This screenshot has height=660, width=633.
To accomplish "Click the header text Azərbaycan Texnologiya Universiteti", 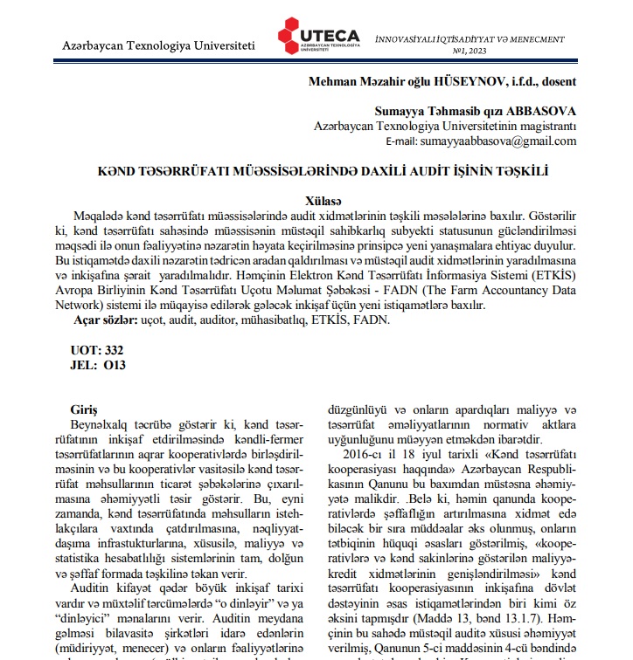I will tap(159, 45).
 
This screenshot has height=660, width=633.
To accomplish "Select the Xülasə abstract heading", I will tap(324, 199).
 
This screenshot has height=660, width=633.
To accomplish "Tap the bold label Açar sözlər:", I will tap(106, 320).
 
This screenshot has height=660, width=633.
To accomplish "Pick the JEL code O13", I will tap(114, 365).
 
